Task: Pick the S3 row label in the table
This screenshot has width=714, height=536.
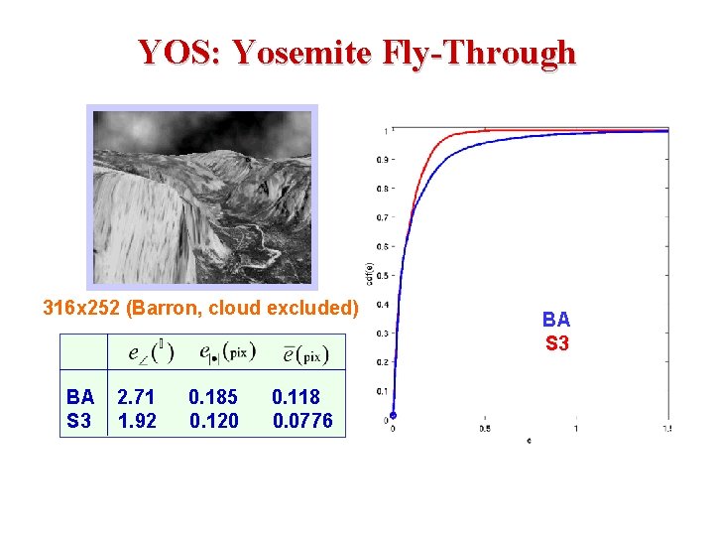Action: (79, 421)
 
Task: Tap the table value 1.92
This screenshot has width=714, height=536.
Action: (136, 421)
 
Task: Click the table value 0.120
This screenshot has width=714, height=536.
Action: (213, 421)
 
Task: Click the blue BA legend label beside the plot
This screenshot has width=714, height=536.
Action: (556, 320)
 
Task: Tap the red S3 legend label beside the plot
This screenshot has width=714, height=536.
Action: (556, 344)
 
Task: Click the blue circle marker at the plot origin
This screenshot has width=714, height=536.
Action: (393, 416)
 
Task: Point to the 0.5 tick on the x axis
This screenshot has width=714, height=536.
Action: (484, 429)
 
